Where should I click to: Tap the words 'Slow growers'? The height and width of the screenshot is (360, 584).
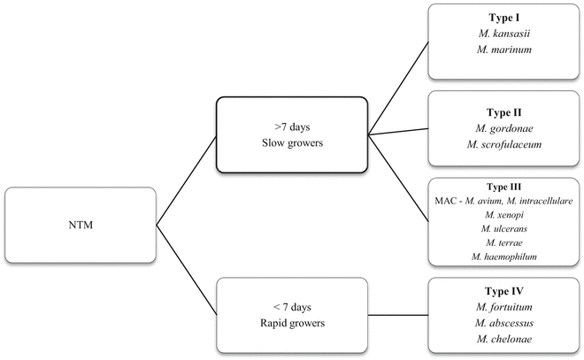(x=291, y=144)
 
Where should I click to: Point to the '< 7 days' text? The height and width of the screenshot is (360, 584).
(x=291, y=308)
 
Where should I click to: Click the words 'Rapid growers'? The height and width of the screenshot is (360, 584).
(x=291, y=324)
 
